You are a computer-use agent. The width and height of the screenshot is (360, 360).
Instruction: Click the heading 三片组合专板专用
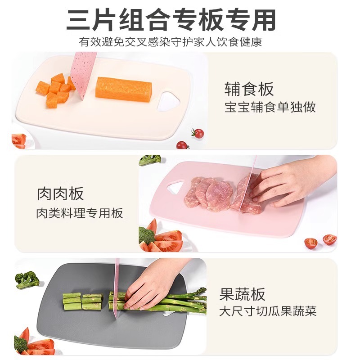pos(171,20)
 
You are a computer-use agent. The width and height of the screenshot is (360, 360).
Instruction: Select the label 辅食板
pos(249,89)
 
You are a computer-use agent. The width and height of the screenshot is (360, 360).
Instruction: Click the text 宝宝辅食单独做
pos(270,108)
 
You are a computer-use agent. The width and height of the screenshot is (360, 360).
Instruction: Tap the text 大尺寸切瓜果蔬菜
pos(268,311)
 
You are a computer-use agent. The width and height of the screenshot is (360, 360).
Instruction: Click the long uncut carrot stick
pos(124,89)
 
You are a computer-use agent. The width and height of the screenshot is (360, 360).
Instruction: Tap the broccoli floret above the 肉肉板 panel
pos(149,160)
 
